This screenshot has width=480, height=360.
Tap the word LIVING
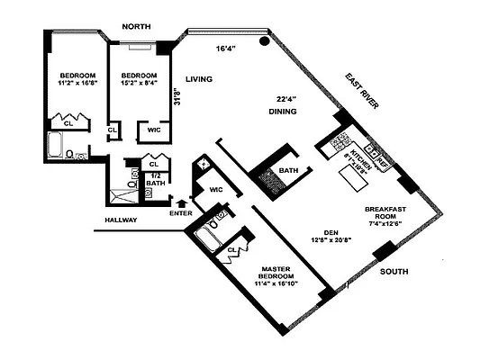[198, 80]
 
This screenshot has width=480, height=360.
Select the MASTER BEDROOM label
[285, 274]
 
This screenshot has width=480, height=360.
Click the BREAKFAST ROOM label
[386, 212]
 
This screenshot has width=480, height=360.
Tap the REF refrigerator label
[382, 163]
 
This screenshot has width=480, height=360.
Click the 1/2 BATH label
[156, 181]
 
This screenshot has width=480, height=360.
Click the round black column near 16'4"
[265, 40]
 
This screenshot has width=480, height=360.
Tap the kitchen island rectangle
[354, 181]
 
